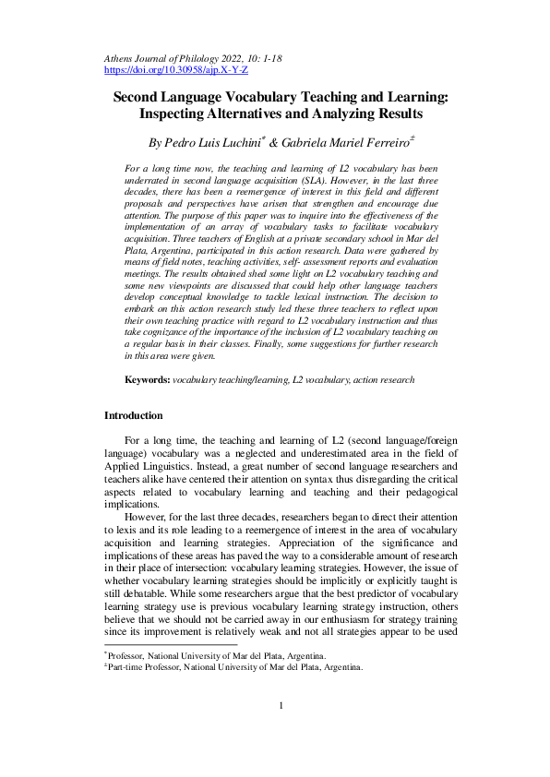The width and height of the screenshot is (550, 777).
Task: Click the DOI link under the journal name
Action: [x=175, y=70]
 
